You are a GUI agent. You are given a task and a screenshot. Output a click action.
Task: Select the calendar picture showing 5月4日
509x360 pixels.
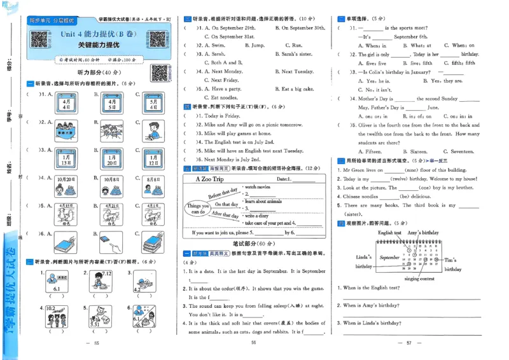pyautogui.click(x=153, y=102)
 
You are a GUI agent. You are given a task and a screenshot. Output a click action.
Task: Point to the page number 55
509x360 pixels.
pyautogui.click(x=97, y=344)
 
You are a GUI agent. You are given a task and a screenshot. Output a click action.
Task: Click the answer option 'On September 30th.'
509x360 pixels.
pyautogui.click(x=300, y=29)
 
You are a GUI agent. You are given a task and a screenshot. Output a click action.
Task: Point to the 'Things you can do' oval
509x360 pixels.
pyautogui.click(x=199, y=209)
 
